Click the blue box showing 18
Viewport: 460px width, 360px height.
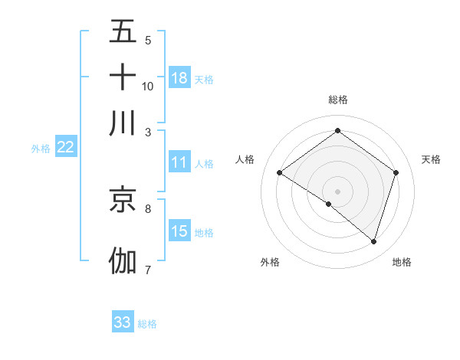179,77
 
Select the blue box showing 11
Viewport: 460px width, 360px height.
179,162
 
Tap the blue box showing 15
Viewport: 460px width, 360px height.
179,231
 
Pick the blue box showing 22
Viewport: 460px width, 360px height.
65,148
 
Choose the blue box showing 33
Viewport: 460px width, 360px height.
123,322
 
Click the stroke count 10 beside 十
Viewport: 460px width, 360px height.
148,86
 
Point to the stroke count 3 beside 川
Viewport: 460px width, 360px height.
148,132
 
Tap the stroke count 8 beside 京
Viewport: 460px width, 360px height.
148,208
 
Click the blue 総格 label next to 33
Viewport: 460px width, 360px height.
147,324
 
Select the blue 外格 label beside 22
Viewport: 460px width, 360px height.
40,149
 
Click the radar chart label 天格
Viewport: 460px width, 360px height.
431,159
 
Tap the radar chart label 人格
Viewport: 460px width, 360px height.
245,159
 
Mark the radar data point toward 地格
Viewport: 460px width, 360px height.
373,241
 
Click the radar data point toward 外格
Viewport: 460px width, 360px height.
329,204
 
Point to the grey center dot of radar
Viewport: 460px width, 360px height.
337,190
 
